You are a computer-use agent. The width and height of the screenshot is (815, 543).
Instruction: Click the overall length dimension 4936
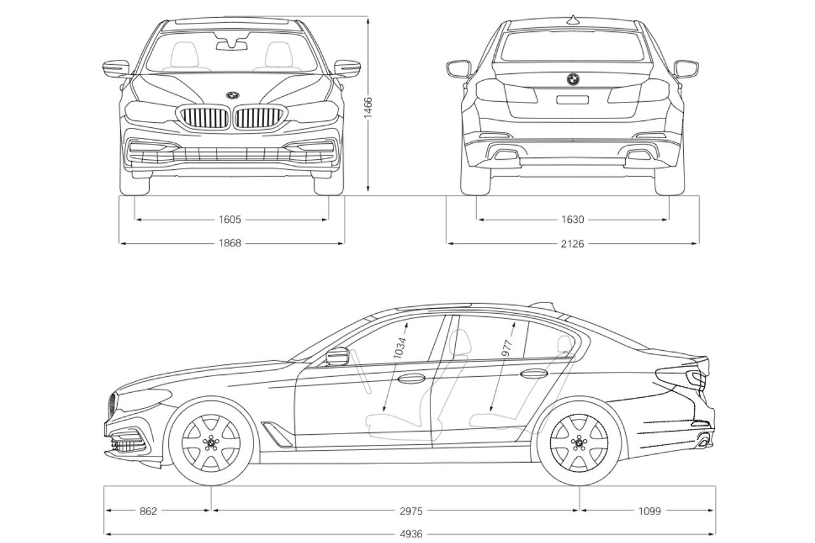tap(411, 534)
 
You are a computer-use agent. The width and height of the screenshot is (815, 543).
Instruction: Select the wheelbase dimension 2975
tap(411, 511)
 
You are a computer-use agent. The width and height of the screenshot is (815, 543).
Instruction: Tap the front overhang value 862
tap(148, 511)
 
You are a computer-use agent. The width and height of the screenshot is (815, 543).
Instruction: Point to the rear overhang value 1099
tap(649, 511)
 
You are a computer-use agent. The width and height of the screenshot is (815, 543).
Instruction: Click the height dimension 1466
tap(369, 108)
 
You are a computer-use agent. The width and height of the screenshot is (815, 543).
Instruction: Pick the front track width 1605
tap(230, 220)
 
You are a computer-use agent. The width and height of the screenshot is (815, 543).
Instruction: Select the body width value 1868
tap(230, 243)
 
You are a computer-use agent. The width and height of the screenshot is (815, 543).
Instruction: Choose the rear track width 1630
tap(572, 220)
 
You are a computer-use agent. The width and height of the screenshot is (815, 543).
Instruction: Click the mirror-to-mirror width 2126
tap(572, 243)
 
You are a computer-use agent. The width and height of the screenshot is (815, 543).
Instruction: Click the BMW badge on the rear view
tap(573, 79)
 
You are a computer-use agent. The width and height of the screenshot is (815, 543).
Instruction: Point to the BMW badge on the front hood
tap(232, 95)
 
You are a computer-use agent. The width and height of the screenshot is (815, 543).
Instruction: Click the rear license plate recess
tap(572, 99)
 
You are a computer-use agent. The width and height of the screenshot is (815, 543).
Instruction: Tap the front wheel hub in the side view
tap(211, 442)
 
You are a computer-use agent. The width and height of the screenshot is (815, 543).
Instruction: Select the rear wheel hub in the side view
tap(579, 442)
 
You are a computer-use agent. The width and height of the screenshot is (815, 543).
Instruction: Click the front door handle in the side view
tap(411, 378)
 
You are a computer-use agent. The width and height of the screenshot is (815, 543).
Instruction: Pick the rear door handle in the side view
tap(534, 373)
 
